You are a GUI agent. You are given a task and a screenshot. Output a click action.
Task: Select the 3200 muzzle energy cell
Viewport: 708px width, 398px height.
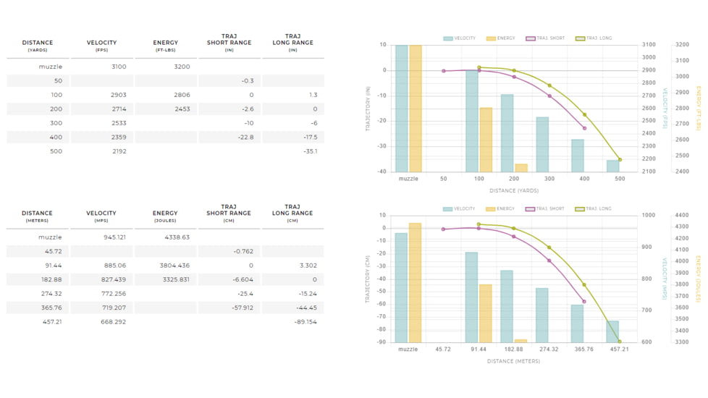click(x=182, y=67)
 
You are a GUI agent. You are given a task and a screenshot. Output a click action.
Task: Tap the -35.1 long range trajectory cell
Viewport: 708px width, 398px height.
click(x=311, y=151)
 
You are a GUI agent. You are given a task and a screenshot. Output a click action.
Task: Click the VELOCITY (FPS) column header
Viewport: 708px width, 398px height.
click(x=101, y=46)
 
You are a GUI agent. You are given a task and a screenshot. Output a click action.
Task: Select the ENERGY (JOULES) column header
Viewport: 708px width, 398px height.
click(x=165, y=216)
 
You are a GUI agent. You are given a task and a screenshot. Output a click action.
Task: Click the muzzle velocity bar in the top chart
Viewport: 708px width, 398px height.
click(x=401, y=109)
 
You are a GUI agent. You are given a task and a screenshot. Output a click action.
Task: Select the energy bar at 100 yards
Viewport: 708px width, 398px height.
click(x=486, y=140)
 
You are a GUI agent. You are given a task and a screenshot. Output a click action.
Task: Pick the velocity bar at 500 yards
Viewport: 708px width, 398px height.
click(x=613, y=166)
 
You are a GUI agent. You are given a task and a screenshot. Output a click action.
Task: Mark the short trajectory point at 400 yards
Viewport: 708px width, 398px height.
click(x=584, y=128)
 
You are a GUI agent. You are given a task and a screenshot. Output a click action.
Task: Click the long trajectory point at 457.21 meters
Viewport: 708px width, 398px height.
click(x=620, y=342)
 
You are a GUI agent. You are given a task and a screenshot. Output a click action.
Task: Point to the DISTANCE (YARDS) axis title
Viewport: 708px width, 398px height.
click(x=513, y=191)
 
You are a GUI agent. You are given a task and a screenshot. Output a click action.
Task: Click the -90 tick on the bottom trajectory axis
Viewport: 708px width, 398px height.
click(x=382, y=342)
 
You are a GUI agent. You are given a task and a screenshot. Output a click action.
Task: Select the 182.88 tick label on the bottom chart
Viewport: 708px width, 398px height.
click(x=513, y=350)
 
